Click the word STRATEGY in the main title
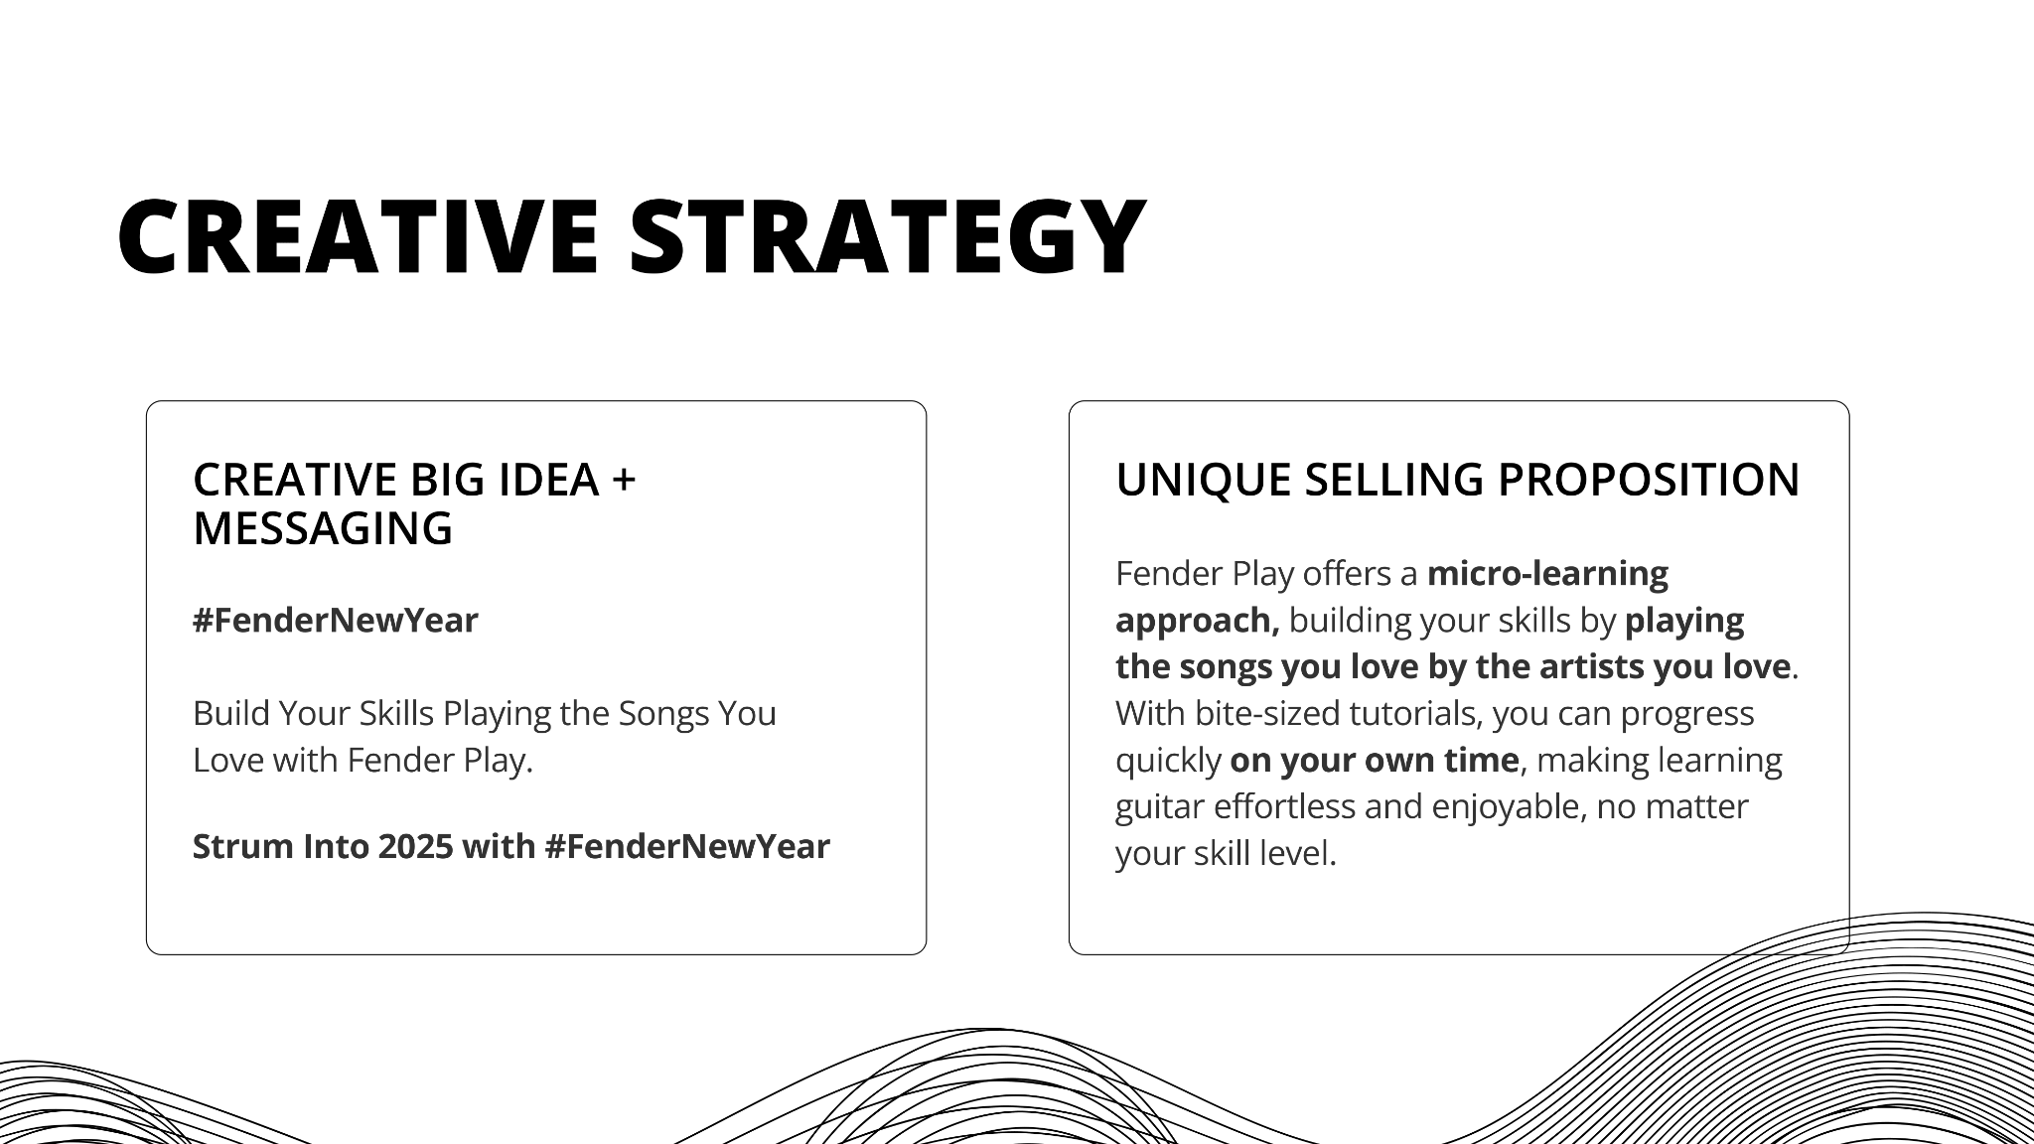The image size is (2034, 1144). (888, 236)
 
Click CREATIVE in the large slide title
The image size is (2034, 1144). (359, 236)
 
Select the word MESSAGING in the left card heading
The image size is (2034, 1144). (323, 528)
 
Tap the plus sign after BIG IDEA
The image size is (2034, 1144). (624, 481)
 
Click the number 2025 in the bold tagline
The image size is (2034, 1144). (415, 846)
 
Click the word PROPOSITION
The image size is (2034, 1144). (1649, 480)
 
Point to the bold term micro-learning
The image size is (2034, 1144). (1547, 574)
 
